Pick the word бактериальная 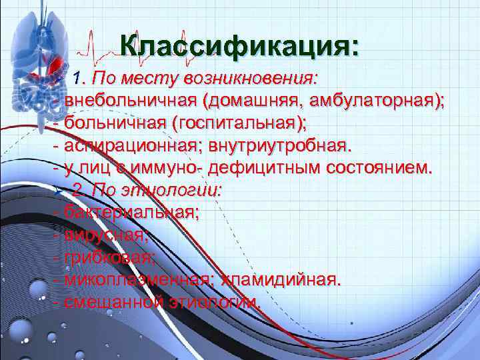pyautogui.click(x=131, y=213)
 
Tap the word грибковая pyautogui.click(x=109, y=258)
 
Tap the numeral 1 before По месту pyautogui.click(x=78, y=78)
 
